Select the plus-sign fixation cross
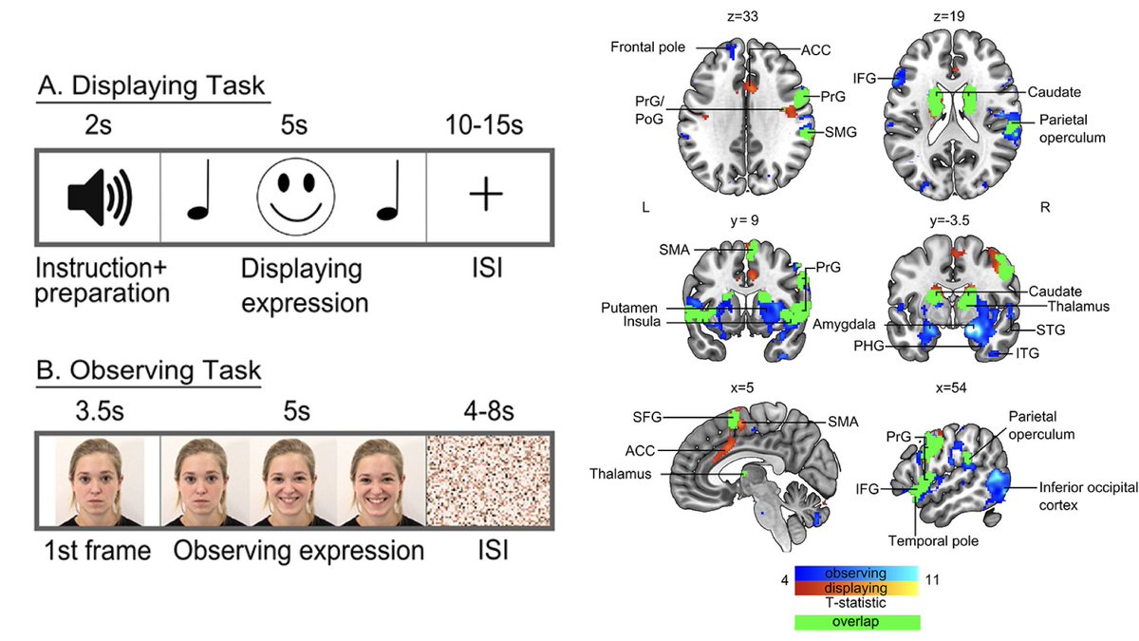[x=485, y=196]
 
